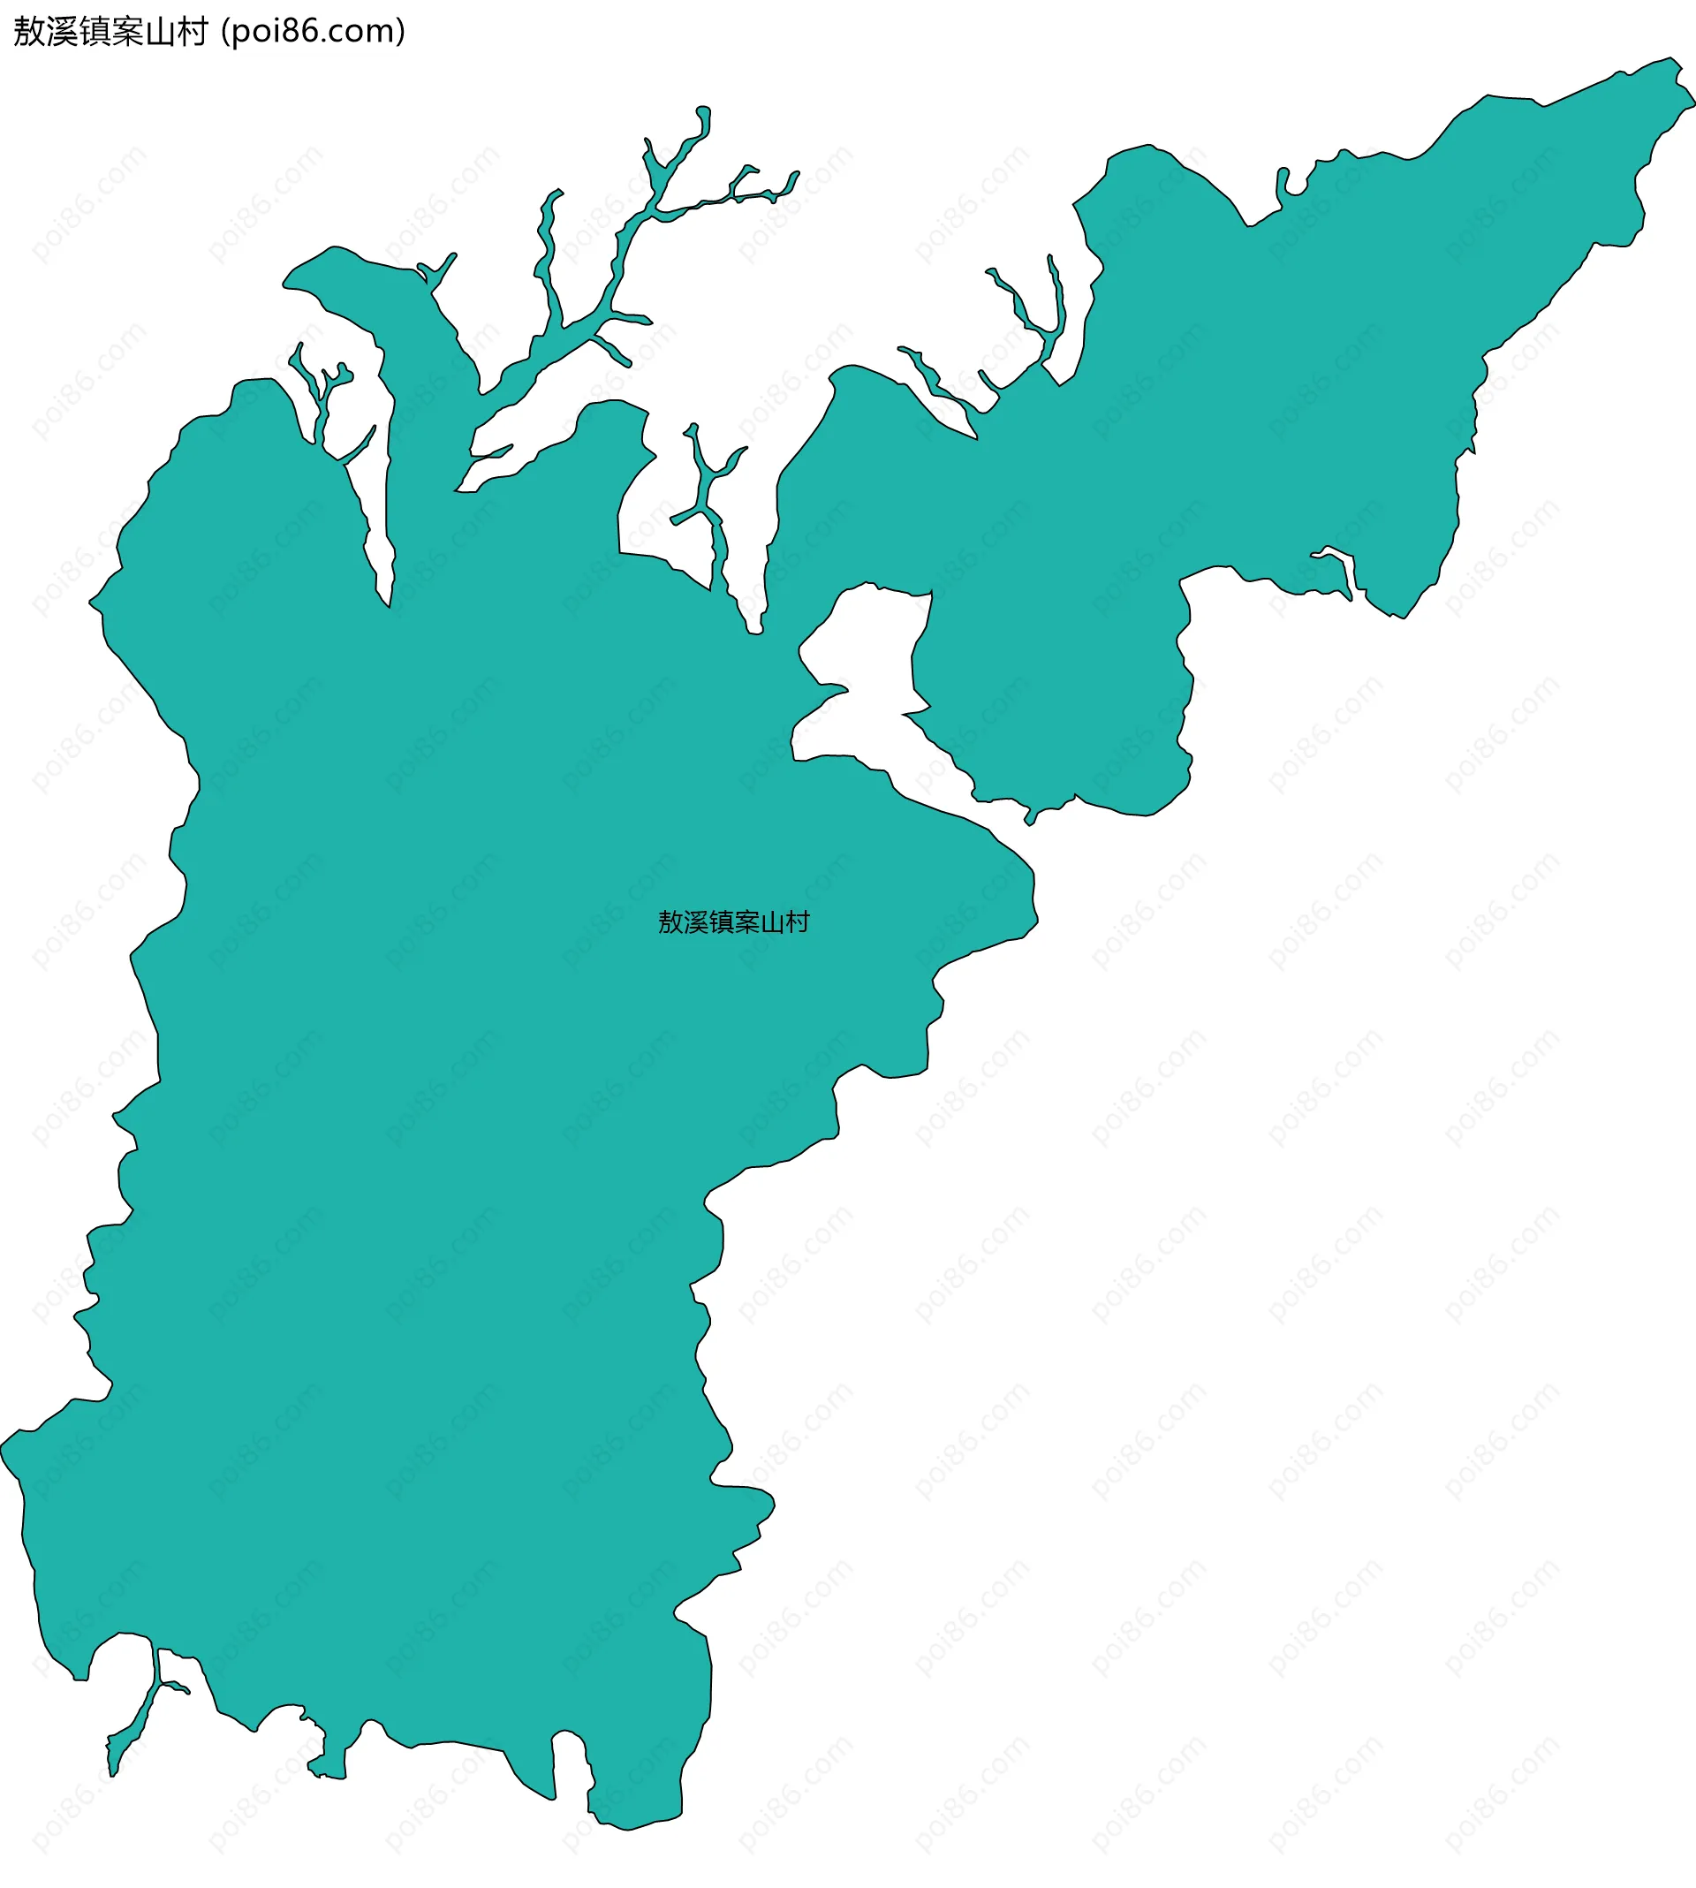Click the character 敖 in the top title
click(30, 32)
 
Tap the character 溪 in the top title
click(63, 32)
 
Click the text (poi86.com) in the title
click(313, 32)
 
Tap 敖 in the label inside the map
click(671, 922)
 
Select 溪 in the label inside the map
click(696, 922)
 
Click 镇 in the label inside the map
click(722, 922)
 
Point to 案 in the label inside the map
click(746, 922)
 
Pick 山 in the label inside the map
click(771, 922)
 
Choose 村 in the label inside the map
click(798, 922)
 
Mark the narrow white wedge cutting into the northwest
click(377, 522)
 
